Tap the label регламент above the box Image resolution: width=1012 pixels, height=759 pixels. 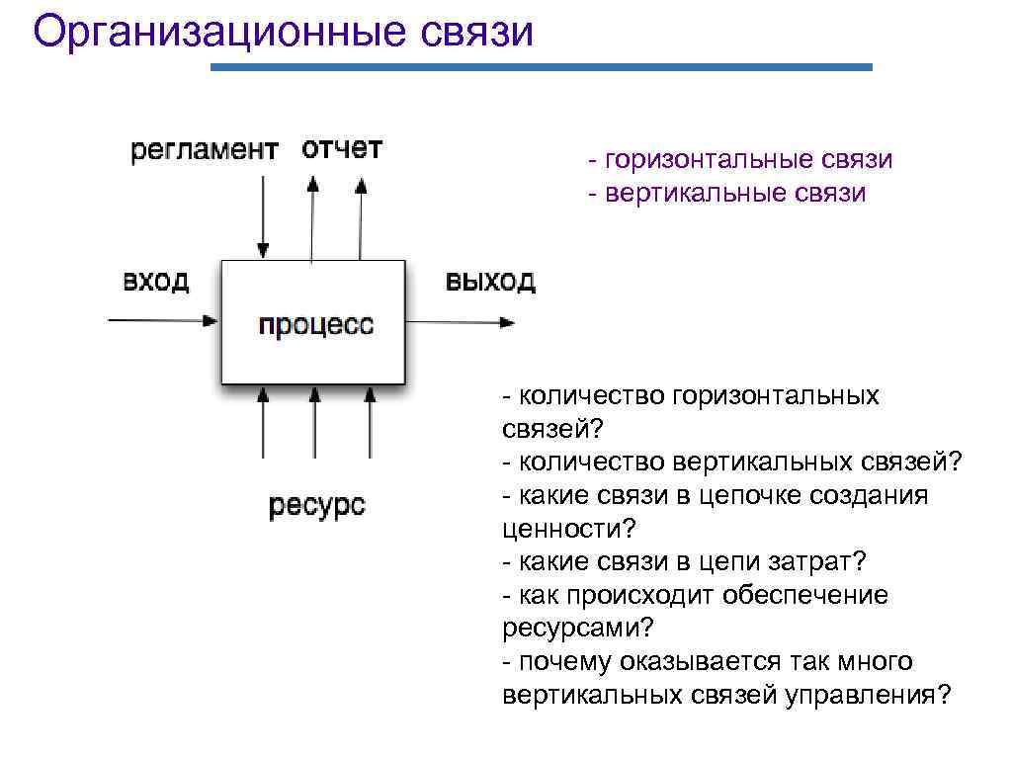pyautogui.click(x=204, y=150)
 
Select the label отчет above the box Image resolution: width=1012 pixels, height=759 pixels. pyautogui.click(x=342, y=149)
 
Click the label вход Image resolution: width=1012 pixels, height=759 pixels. pyautogui.click(x=155, y=281)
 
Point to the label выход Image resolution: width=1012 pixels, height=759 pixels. pyautogui.click(x=490, y=281)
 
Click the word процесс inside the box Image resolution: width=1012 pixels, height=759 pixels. pyautogui.click(x=315, y=324)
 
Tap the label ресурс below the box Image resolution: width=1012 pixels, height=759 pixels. pyautogui.click(x=316, y=506)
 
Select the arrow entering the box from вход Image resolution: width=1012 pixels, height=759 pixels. pyautogui.click(x=163, y=320)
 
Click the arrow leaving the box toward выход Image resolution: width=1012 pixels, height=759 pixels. pyautogui.click(x=460, y=322)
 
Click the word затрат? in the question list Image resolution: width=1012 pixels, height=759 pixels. pyautogui.click(x=817, y=561)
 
